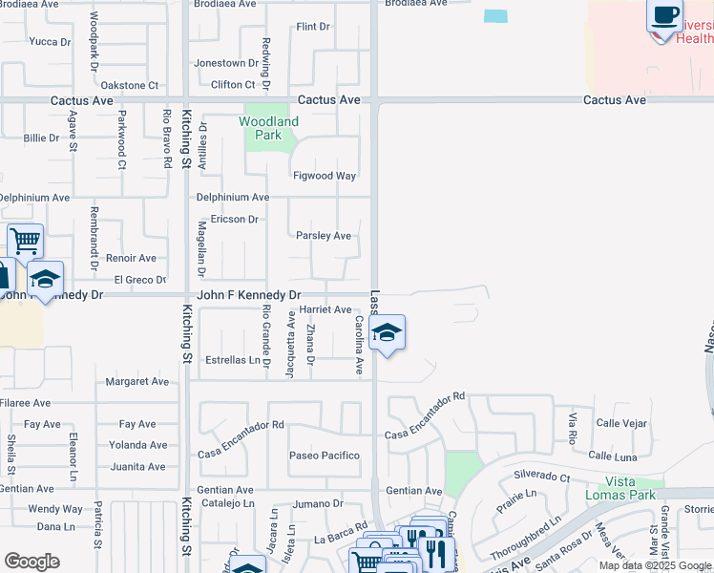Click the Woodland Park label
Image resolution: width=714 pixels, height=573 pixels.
click(x=268, y=128)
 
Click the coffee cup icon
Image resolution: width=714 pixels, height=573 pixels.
click(x=664, y=16)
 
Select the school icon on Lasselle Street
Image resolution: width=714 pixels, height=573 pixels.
click(x=387, y=333)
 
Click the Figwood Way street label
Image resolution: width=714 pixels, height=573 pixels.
click(x=325, y=176)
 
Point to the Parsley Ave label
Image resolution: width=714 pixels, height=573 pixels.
click(x=324, y=236)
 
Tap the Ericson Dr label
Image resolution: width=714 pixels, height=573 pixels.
click(x=235, y=220)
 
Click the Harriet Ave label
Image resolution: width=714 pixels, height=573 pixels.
click(x=325, y=309)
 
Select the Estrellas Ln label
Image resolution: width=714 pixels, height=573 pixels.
click(x=232, y=360)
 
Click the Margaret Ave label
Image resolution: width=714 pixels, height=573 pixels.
click(x=136, y=382)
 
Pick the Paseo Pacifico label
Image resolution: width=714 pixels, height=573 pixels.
click(x=325, y=456)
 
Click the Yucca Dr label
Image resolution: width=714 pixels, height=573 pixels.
click(x=50, y=42)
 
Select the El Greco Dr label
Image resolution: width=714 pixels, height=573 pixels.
click(x=139, y=280)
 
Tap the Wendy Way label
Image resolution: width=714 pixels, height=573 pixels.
click(x=55, y=509)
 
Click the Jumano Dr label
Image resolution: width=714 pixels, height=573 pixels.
click(x=318, y=503)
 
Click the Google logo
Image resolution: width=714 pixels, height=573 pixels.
click(x=31, y=562)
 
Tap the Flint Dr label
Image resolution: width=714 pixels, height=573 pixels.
click(x=313, y=27)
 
